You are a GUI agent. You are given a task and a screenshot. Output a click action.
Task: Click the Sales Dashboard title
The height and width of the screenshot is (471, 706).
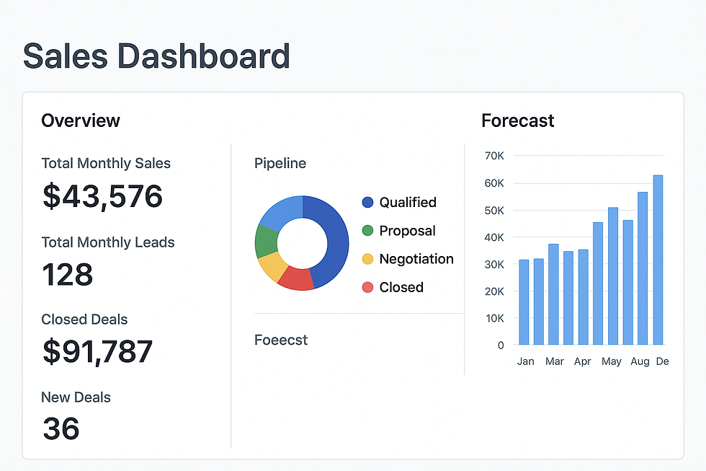(x=156, y=56)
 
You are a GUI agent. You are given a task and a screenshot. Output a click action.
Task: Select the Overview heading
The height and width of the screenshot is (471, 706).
(x=81, y=120)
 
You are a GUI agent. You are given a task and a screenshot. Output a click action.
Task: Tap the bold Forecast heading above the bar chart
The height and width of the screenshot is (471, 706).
(x=517, y=120)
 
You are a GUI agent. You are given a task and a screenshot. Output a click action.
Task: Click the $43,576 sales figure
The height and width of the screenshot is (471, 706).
(x=102, y=196)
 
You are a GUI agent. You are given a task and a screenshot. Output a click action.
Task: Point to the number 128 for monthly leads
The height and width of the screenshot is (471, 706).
(x=68, y=275)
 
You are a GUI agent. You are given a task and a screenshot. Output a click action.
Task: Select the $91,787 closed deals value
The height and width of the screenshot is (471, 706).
(x=97, y=351)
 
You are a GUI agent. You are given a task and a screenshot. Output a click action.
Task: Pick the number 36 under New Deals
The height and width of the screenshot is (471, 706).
(x=61, y=428)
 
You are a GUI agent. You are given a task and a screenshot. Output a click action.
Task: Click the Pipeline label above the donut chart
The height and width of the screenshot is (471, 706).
(x=280, y=164)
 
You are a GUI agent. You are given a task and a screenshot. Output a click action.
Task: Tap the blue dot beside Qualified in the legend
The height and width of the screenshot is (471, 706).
(x=367, y=203)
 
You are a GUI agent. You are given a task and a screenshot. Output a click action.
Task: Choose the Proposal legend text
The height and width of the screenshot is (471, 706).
(x=407, y=231)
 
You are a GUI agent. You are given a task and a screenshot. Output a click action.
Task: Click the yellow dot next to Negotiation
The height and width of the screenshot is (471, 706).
(x=367, y=259)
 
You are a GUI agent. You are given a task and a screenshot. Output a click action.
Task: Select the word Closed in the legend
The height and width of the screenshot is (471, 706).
(x=401, y=287)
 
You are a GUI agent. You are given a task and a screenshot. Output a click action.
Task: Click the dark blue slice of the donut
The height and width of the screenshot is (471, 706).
(x=331, y=238)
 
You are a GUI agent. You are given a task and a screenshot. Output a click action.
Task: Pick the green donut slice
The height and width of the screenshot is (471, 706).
(x=265, y=242)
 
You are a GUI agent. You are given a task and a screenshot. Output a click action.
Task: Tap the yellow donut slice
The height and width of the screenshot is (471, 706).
(x=272, y=266)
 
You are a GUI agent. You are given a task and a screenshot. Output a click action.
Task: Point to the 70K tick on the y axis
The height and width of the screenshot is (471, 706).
(x=494, y=156)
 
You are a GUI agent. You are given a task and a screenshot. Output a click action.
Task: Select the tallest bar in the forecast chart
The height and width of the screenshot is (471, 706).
(x=658, y=260)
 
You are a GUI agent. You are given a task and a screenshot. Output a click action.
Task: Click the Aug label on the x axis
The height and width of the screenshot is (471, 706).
(x=639, y=361)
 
